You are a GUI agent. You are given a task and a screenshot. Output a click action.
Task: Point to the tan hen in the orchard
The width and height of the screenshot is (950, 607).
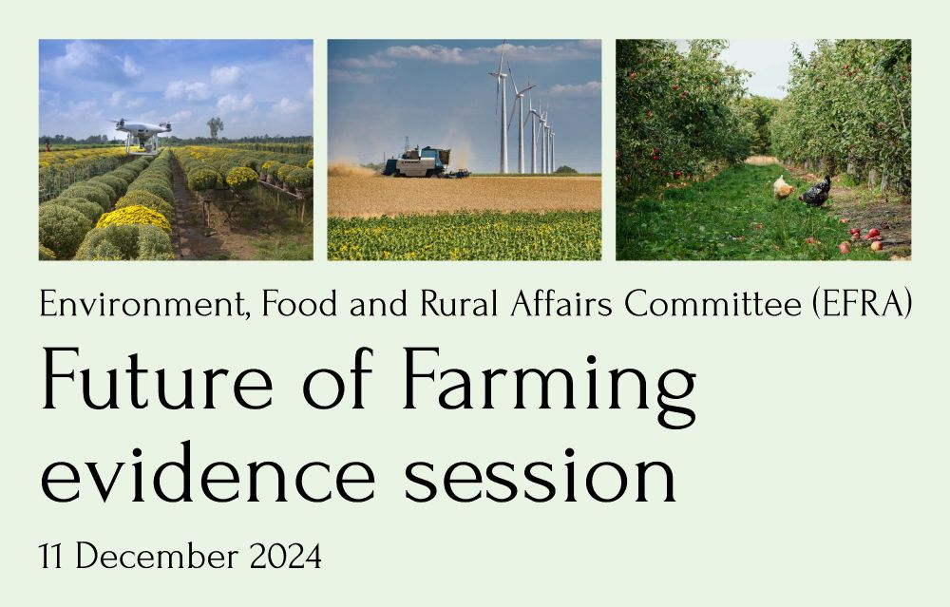tap(784, 187)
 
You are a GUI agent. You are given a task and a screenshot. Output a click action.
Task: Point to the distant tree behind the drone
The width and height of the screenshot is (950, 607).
tap(215, 125)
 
